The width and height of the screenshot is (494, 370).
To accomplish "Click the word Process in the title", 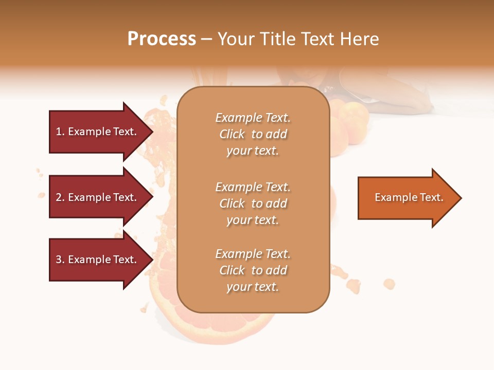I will click(x=162, y=39).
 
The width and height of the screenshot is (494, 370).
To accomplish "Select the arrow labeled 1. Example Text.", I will click(x=98, y=132).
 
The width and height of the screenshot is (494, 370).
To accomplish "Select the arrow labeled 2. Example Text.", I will click(x=98, y=197).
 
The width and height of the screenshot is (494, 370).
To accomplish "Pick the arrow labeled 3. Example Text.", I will click(x=98, y=260).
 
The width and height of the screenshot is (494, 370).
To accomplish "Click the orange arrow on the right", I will click(x=407, y=198).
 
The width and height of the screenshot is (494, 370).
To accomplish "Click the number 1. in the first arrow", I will click(x=60, y=132).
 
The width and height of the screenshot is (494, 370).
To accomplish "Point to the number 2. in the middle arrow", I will click(x=60, y=198).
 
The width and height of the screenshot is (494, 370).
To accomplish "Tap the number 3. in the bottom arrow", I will click(x=60, y=260).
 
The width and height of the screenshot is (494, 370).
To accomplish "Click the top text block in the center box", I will click(x=253, y=134).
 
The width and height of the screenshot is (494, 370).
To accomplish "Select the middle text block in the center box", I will click(x=253, y=203).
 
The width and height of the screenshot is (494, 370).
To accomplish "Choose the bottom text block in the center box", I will click(x=253, y=270).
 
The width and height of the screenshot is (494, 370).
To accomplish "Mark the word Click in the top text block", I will click(x=232, y=134).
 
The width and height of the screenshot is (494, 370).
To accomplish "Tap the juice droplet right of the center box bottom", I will click(x=389, y=284).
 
